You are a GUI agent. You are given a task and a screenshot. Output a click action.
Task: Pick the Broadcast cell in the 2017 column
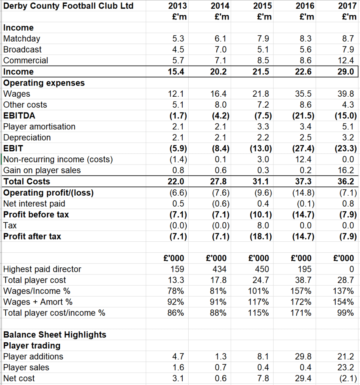347,49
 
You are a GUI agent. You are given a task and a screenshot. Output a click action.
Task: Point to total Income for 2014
218,72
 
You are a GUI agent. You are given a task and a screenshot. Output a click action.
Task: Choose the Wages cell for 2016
303,94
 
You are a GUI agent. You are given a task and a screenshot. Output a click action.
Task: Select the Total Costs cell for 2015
261,181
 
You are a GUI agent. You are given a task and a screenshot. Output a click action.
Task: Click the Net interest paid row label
34,204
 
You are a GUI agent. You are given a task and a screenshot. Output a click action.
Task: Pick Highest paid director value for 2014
219,269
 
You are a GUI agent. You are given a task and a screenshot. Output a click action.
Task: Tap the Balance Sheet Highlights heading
55,335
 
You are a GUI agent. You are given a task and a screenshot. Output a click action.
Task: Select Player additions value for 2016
303,357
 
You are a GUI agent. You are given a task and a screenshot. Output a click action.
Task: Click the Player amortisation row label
39,127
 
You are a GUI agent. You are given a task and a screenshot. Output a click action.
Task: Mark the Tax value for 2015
263,225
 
